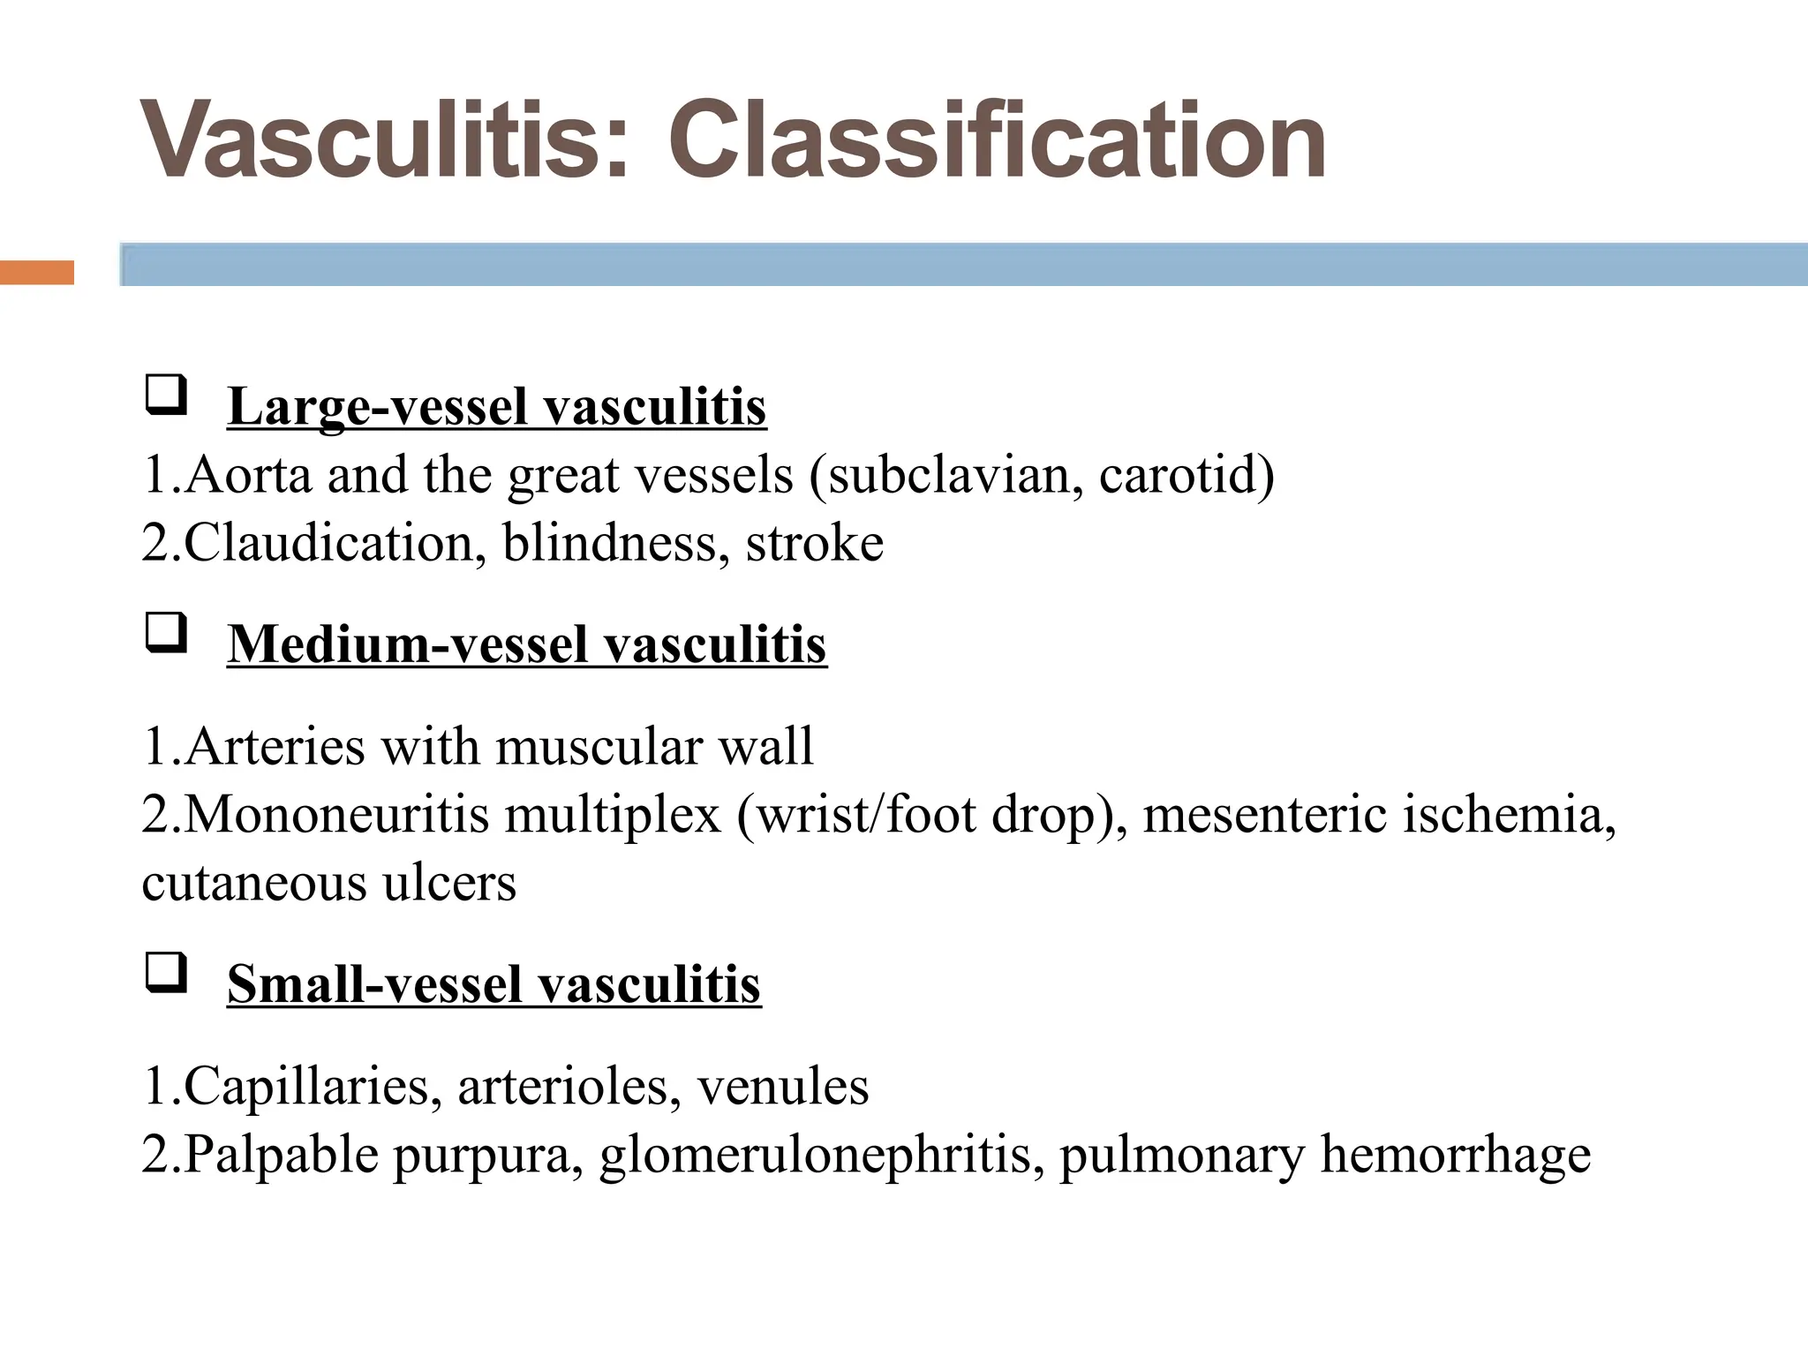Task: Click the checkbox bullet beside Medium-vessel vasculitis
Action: [x=165, y=634]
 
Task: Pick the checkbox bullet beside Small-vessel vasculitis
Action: [x=165, y=974]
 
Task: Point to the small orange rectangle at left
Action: [x=37, y=273]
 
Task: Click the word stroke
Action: [x=814, y=542]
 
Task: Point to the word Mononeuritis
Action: [x=336, y=814]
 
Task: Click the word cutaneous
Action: [x=253, y=882]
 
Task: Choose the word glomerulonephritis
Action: [x=816, y=1154]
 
